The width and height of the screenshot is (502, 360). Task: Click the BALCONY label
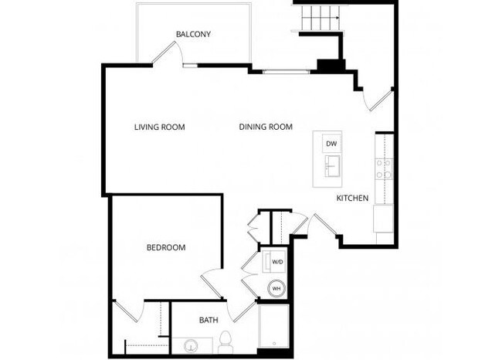tap(193, 34)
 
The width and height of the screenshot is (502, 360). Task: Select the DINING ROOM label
tap(265, 127)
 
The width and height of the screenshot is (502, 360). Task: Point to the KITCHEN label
tap(352, 199)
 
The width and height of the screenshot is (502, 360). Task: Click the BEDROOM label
tap(166, 248)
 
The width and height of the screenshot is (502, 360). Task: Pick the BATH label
tap(209, 320)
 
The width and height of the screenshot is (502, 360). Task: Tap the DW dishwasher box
tap(331, 144)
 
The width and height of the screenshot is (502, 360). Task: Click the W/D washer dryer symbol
tap(276, 263)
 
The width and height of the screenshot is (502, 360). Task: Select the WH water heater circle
tap(276, 289)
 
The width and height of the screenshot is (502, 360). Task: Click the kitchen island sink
tap(332, 166)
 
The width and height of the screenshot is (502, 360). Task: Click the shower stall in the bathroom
tap(273, 328)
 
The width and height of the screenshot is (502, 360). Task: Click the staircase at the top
tap(317, 15)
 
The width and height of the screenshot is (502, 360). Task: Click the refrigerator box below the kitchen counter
tap(384, 219)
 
